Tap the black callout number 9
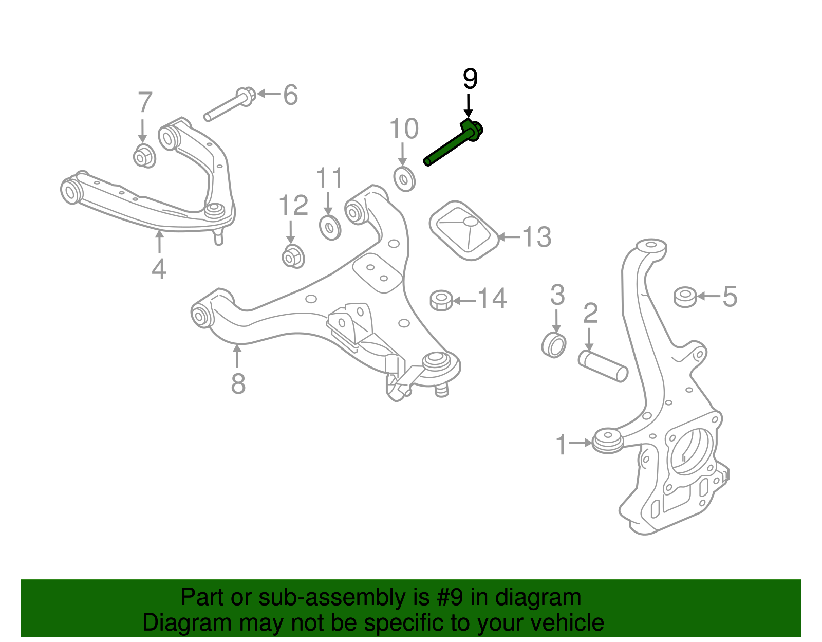pos(470,79)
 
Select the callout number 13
pos(537,237)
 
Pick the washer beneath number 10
pos(404,179)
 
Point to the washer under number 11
pos(329,228)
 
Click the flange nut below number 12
pos(293,256)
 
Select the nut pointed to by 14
pos(441,300)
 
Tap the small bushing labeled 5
pos(685,297)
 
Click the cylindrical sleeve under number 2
pos(603,365)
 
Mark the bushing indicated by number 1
pos(608,442)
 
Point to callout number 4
pos(159,269)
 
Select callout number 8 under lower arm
pos(238,383)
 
